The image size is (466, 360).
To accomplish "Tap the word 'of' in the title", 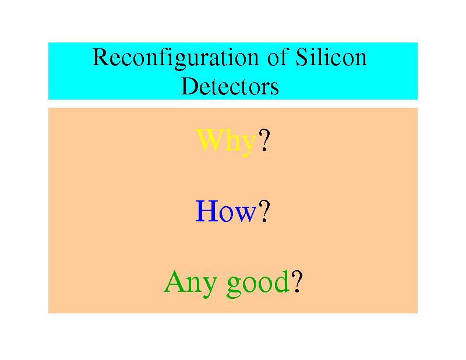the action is pos(278,57).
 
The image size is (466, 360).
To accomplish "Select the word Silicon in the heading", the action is pos(331,57).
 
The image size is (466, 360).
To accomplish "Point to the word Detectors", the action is pos(230,86).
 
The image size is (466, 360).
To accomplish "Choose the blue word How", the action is pos(226,211).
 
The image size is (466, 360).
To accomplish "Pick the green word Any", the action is pos(190,283).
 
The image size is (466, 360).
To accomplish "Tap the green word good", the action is pos(258,283).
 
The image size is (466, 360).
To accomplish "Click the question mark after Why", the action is pos(264,140).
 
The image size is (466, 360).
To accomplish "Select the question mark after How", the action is pos(264,211).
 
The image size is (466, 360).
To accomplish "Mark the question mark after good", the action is pos(296,281).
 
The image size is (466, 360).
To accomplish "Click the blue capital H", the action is pos(207,211).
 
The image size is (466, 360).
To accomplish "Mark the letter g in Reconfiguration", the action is pos(180,62).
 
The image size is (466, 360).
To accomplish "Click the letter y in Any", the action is pos(210,287).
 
